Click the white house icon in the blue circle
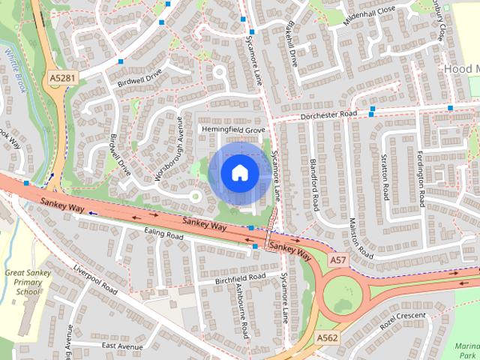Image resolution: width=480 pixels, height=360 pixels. point(239,172)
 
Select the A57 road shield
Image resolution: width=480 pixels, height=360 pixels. point(338,259)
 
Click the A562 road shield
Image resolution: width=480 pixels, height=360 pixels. point(327,338)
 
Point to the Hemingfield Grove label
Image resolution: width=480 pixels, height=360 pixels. point(234,130)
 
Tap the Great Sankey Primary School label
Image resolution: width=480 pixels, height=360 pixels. point(28,282)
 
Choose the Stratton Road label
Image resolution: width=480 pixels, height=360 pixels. point(385,177)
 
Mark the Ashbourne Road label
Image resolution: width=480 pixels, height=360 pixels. point(241,310)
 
